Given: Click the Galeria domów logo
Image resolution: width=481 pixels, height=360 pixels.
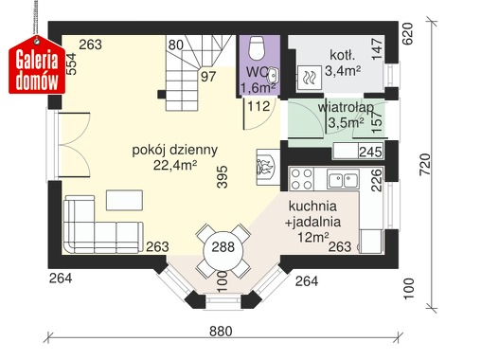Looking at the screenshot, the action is pyautogui.click(x=37, y=64).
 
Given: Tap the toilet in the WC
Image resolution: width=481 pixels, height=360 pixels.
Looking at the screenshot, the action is pyautogui.click(x=257, y=48).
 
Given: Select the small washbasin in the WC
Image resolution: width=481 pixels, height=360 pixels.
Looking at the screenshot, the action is pyautogui.click(x=273, y=75).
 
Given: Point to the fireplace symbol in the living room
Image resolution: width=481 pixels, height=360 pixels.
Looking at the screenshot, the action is pyautogui.click(x=267, y=167).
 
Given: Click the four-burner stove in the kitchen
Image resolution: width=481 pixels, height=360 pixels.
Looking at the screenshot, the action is pyautogui.click(x=301, y=179).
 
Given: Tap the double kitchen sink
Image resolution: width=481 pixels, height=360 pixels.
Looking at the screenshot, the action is pyautogui.click(x=343, y=179).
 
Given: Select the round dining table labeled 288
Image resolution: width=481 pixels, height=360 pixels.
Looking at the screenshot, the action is pyautogui.click(x=223, y=247).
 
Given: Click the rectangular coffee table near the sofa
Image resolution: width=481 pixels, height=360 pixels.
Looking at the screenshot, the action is pyautogui.click(x=124, y=200).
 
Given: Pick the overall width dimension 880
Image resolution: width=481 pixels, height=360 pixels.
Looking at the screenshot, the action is pyautogui.click(x=221, y=332).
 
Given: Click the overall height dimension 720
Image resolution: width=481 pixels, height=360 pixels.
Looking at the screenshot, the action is pyautogui.click(x=425, y=164).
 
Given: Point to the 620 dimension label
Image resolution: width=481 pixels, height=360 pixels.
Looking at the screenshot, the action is pyautogui.click(x=407, y=33).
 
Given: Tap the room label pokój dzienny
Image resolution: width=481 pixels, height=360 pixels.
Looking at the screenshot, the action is pyautogui.click(x=175, y=150).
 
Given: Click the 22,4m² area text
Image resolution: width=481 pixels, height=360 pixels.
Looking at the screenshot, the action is pyautogui.click(x=175, y=165).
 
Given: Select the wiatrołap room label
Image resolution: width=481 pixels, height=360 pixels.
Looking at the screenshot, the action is pyautogui.click(x=346, y=107).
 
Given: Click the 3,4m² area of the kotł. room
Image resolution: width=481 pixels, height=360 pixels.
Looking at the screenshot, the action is pyautogui.click(x=343, y=70).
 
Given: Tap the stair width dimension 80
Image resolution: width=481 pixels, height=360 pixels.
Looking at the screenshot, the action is pyautogui.click(x=176, y=45).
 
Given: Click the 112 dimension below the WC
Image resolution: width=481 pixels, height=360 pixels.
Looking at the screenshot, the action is pyautogui.click(x=258, y=106).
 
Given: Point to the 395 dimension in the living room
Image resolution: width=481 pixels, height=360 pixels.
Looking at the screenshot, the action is pyautogui.click(x=223, y=177).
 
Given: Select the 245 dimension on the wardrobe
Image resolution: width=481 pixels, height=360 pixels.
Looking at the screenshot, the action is pyautogui.click(x=371, y=153).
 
